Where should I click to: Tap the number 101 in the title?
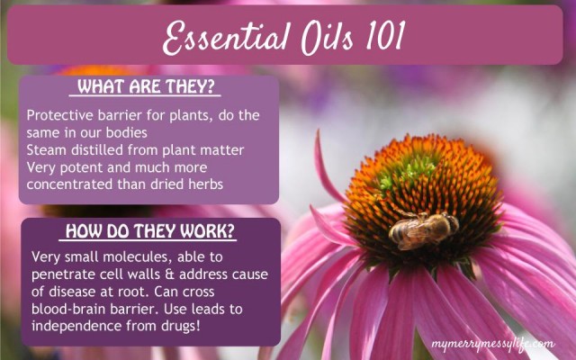[x=385, y=35]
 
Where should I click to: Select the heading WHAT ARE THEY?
[x=146, y=86]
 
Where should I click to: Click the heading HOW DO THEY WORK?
[x=150, y=231]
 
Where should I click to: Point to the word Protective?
[x=60, y=115]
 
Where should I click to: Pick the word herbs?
[x=205, y=184]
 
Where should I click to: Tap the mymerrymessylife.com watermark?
[x=493, y=345]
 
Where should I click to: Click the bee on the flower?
[x=422, y=229]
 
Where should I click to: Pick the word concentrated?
[x=70, y=184]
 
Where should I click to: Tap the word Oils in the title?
[x=327, y=37]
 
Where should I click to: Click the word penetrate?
[x=63, y=274]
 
